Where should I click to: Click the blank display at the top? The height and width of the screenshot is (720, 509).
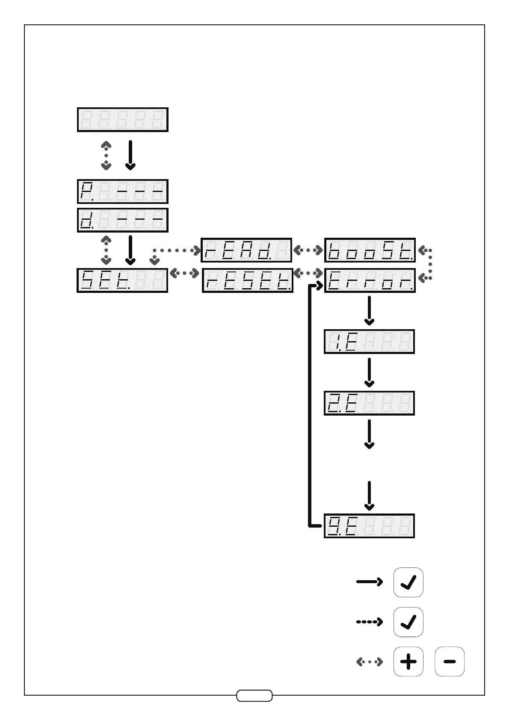pyautogui.click(x=122, y=120)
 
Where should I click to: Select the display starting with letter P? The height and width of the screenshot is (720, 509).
pyautogui.click(x=122, y=192)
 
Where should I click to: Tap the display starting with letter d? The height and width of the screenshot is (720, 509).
pyautogui.click(x=122, y=220)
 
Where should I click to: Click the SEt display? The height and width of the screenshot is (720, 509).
pyautogui.click(x=122, y=280)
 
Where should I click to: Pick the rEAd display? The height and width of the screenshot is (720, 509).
pyautogui.click(x=246, y=250)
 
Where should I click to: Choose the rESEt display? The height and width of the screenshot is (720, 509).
pyautogui.click(x=247, y=280)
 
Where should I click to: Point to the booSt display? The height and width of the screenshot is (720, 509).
pyautogui.click(x=370, y=250)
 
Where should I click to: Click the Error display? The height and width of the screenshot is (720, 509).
pyautogui.click(x=370, y=280)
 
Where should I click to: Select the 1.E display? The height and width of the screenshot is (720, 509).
pyautogui.click(x=369, y=342)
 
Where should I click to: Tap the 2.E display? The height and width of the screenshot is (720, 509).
pyautogui.click(x=369, y=403)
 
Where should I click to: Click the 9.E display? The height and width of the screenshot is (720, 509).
pyautogui.click(x=369, y=526)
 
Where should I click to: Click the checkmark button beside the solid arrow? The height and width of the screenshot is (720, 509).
pyautogui.click(x=408, y=582)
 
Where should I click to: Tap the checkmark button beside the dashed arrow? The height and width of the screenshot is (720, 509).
pyautogui.click(x=408, y=622)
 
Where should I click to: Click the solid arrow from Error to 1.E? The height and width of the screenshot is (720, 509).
pyautogui.click(x=369, y=310)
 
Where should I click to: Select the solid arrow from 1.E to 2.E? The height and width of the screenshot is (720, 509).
pyautogui.click(x=369, y=372)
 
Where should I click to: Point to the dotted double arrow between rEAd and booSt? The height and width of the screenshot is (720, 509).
pyautogui.click(x=308, y=250)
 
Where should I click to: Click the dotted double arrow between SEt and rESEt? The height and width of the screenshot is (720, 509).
pyautogui.click(x=185, y=273)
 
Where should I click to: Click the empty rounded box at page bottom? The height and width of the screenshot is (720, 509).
pyautogui.click(x=254, y=696)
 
